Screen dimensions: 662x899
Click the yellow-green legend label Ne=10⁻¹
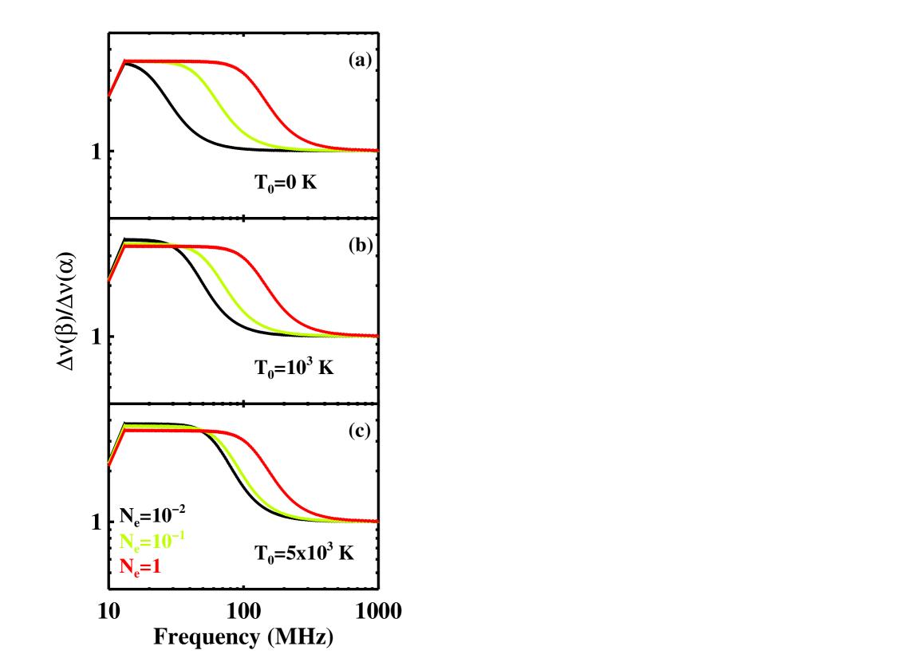[152, 542]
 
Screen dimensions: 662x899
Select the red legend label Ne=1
[140, 567]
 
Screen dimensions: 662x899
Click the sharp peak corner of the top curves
[124, 61]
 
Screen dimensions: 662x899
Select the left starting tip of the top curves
[109, 95]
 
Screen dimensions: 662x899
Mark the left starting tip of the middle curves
[109, 280]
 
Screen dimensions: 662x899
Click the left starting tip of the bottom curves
[109, 463]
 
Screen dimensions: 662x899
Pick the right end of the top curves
[377, 150]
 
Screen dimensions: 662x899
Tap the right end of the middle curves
[377, 336]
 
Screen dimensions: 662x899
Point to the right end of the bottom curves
[377, 521]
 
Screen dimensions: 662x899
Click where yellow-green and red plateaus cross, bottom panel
[203, 431]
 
